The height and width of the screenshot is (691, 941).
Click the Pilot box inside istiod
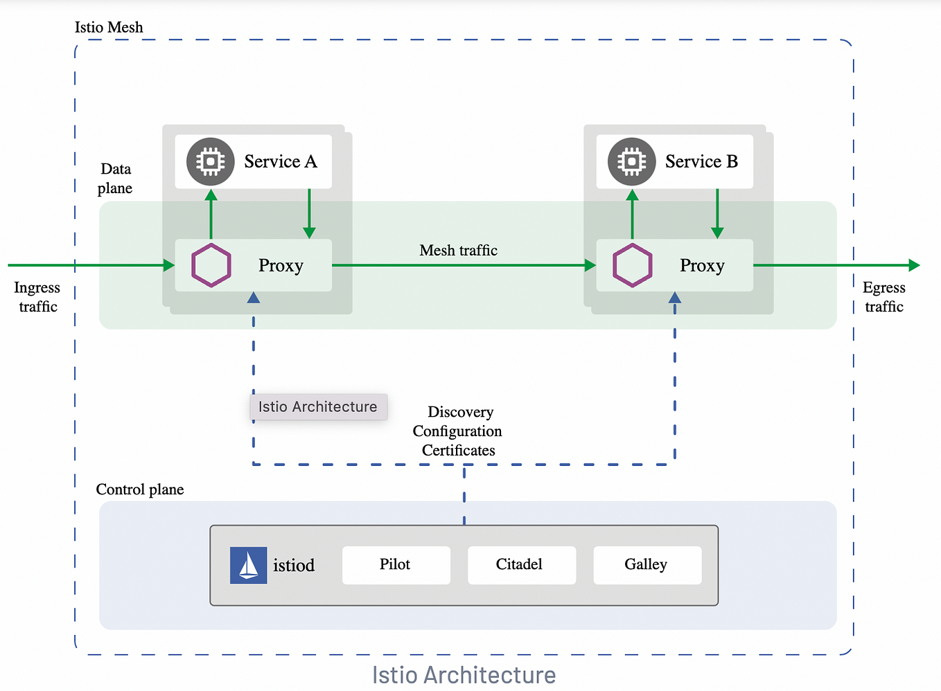coord(396,565)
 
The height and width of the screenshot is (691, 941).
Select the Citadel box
coord(521,565)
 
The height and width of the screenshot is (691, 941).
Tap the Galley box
coord(647,565)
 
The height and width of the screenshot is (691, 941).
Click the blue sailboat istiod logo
coord(248,565)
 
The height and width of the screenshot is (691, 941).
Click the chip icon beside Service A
coord(211,161)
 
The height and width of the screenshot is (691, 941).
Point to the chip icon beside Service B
coord(631,161)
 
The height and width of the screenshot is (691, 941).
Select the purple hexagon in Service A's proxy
coord(211,265)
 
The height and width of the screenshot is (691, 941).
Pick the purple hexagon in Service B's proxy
coord(632,265)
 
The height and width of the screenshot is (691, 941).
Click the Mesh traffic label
coord(458,251)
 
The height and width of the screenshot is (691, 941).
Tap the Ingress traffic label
coord(37,297)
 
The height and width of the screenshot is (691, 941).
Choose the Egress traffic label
coord(884,297)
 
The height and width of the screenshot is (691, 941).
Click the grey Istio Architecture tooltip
coord(318,407)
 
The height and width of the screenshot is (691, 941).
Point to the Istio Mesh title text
coord(109,28)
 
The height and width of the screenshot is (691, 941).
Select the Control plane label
coord(140,490)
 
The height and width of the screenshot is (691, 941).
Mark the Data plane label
coord(115,179)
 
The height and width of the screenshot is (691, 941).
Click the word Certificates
coord(458,451)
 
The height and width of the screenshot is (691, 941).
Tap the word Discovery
coord(460,413)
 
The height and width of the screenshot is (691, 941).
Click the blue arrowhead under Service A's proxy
coord(254,298)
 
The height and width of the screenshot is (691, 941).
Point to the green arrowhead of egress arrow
coord(914,265)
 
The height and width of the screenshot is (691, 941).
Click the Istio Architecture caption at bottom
coord(464,675)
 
